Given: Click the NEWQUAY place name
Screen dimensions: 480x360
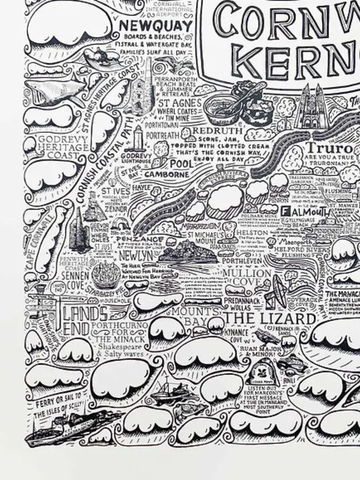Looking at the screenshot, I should [x=156, y=26].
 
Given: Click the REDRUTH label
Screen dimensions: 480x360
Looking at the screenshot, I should [x=218, y=132].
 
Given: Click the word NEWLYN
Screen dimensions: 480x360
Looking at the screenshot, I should [x=131, y=255].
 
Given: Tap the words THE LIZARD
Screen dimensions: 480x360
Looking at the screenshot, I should [x=269, y=318].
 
